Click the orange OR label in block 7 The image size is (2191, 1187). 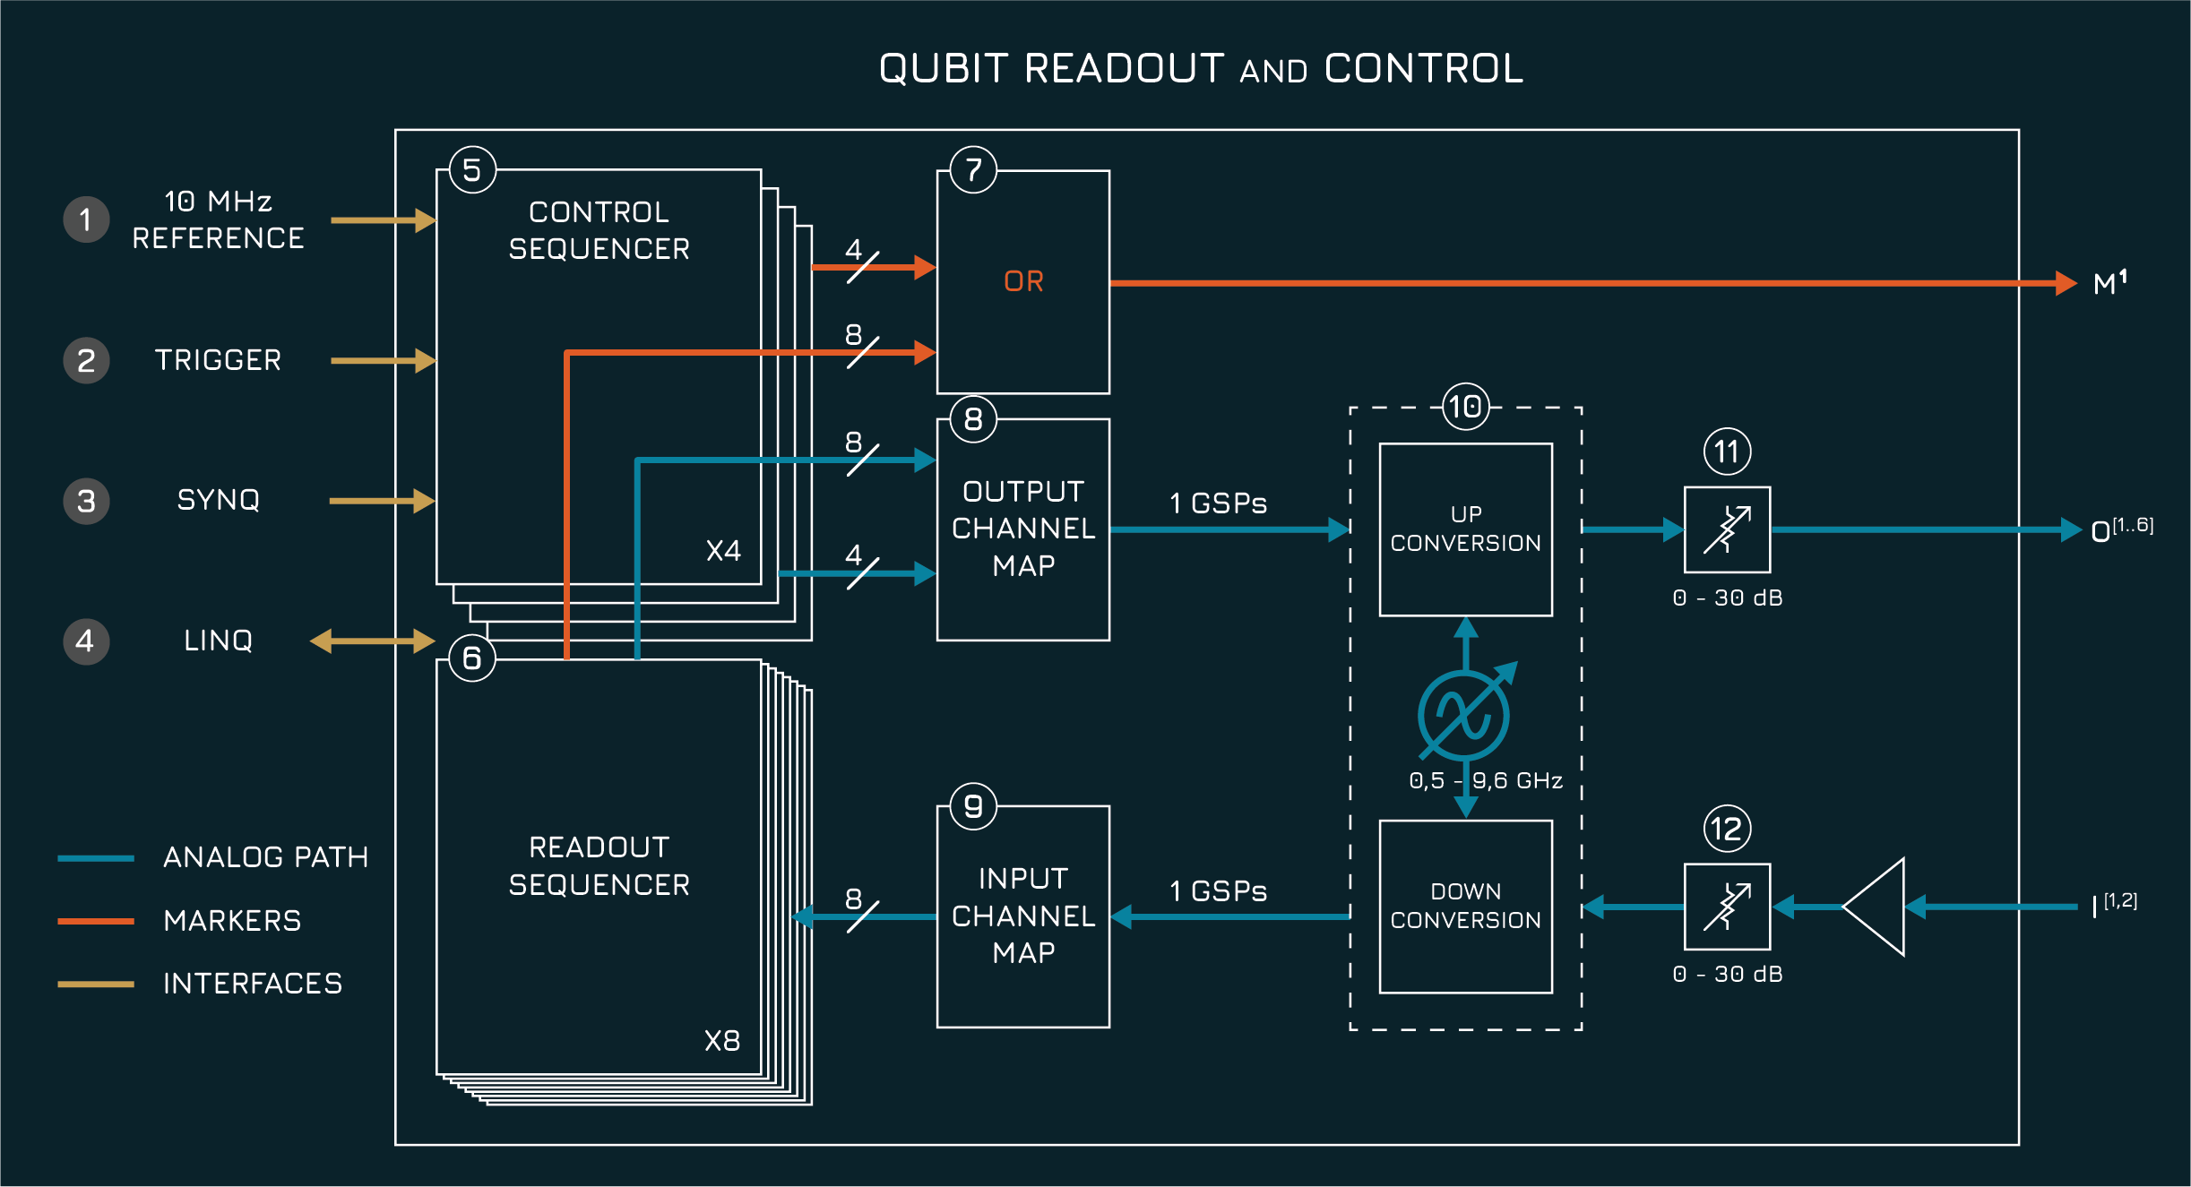[x=1023, y=281]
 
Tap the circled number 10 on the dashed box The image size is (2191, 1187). [x=1465, y=408]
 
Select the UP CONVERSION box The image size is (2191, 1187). [x=1465, y=529]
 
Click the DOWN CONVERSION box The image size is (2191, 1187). [x=1465, y=906]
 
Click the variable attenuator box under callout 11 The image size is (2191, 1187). [x=1727, y=529]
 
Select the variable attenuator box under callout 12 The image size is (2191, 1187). [x=1727, y=907]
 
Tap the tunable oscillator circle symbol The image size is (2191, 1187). [x=1463, y=716]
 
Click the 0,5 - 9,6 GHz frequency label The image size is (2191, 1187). [x=1485, y=780]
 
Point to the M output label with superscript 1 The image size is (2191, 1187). [x=2109, y=284]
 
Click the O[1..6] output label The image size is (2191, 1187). [x=2120, y=530]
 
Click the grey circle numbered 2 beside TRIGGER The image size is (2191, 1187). [x=86, y=360]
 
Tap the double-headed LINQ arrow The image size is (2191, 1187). [x=372, y=641]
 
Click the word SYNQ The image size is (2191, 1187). [x=218, y=500]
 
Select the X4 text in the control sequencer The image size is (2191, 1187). [x=723, y=550]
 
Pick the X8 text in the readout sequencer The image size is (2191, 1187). [x=721, y=1040]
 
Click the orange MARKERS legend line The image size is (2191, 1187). [x=96, y=921]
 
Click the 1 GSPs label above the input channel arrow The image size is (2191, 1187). [x=1218, y=891]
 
